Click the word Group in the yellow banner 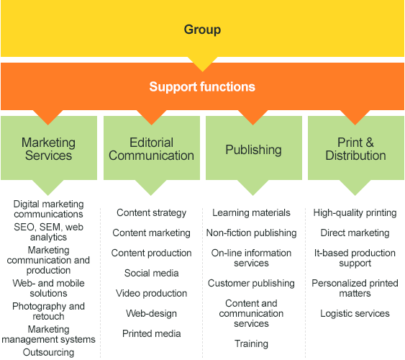click(202, 30)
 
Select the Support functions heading click(202, 86)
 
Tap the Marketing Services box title click(49, 149)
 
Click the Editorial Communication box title click(151, 149)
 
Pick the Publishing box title click(253, 150)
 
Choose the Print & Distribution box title click(355, 149)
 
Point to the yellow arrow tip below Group click(203, 71)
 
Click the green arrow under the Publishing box click(253, 188)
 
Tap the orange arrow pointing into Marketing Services click(48, 117)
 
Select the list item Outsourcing click(49, 352)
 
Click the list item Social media click(151, 273)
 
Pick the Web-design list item click(151, 313)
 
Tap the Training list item click(251, 343)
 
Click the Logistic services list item click(355, 313)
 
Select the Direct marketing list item click(355, 233)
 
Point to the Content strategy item click(151, 212)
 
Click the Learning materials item click(251, 212)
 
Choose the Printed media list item click(151, 333)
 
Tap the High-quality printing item click(355, 212)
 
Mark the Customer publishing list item click(251, 283)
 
